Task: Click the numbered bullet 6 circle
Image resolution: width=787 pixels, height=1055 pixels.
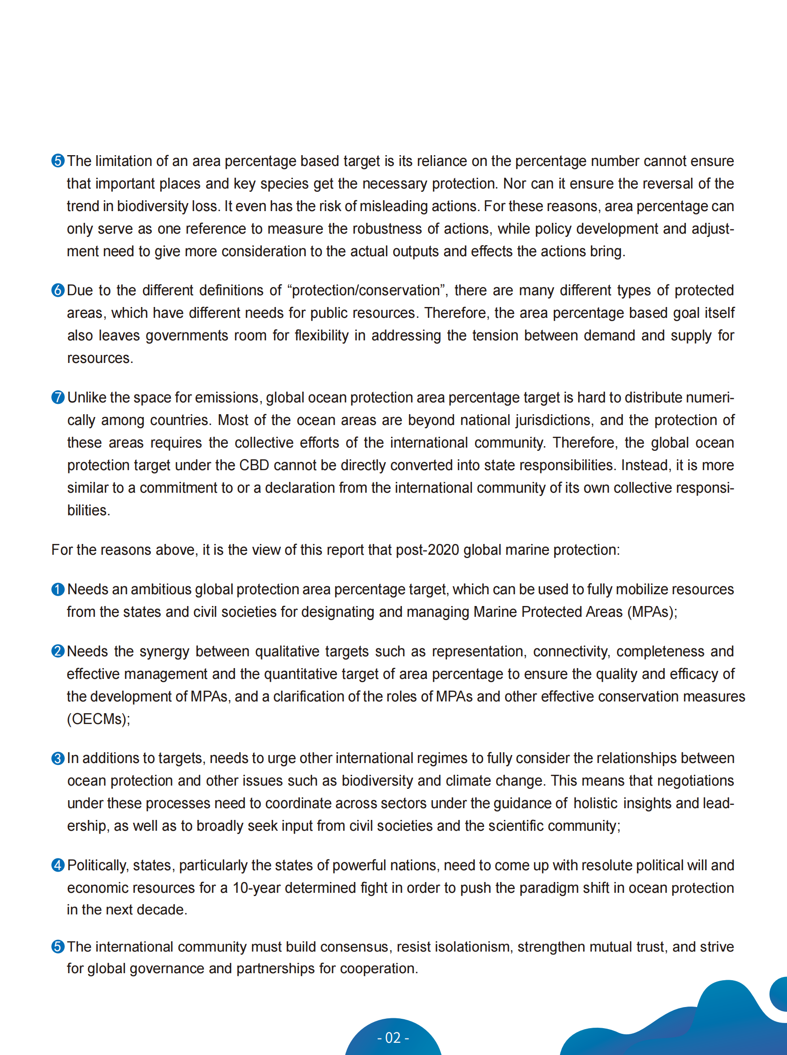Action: click(58, 290)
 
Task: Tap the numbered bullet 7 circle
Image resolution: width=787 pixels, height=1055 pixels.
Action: click(58, 397)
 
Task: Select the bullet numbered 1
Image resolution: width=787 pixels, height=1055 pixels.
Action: click(58, 590)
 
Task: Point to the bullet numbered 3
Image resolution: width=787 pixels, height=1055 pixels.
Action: click(58, 758)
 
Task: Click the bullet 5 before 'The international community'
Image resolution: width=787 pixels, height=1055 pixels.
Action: click(58, 946)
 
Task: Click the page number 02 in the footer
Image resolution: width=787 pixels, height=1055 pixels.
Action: click(393, 1038)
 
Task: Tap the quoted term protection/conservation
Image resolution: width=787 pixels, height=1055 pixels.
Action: click(365, 291)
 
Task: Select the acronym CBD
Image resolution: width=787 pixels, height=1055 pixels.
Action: click(254, 465)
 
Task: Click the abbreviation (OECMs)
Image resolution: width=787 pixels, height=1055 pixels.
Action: click(98, 719)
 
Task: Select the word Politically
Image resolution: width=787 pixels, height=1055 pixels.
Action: click(98, 866)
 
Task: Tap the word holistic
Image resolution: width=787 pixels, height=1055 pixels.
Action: click(595, 803)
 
